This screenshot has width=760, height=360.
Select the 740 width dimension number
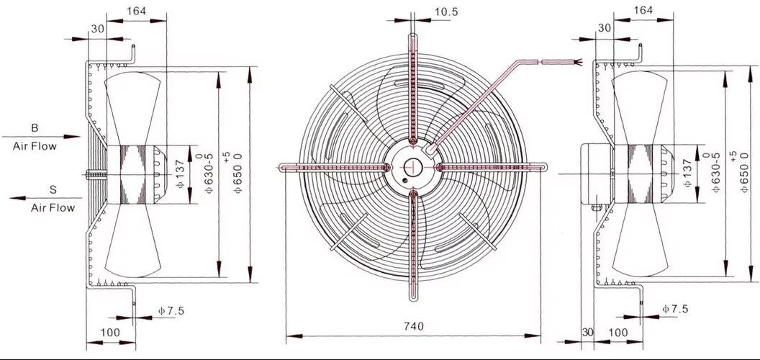tap(413, 326)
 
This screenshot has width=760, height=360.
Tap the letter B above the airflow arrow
tap(35, 128)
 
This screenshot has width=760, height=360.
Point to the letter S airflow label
tap(53, 190)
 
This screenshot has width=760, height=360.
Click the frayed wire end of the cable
tap(577, 63)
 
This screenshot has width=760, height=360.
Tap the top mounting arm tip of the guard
tap(412, 37)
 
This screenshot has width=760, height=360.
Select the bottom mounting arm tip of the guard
tap(413, 297)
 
